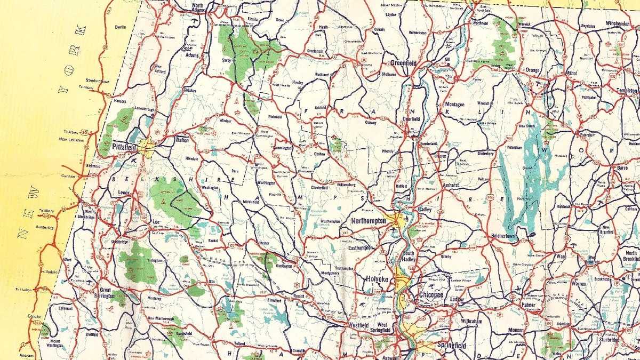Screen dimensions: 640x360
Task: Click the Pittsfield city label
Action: pyautogui.click(x=125, y=145)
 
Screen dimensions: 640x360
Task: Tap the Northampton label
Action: pyautogui.click(x=369, y=220)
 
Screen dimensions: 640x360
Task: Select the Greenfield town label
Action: pyautogui.click(x=403, y=63)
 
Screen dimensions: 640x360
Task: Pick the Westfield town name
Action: pyautogui.click(x=359, y=324)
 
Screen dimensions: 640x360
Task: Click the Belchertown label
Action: pyautogui.click(x=505, y=234)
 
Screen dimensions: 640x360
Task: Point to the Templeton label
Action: pyautogui.click(x=626, y=91)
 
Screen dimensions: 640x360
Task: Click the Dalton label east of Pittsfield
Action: pyautogui.click(x=182, y=140)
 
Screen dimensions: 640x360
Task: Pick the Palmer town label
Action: pyautogui.click(x=528, y=306)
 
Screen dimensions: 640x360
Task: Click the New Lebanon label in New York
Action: pyautogui.click(x=71, y=140)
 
